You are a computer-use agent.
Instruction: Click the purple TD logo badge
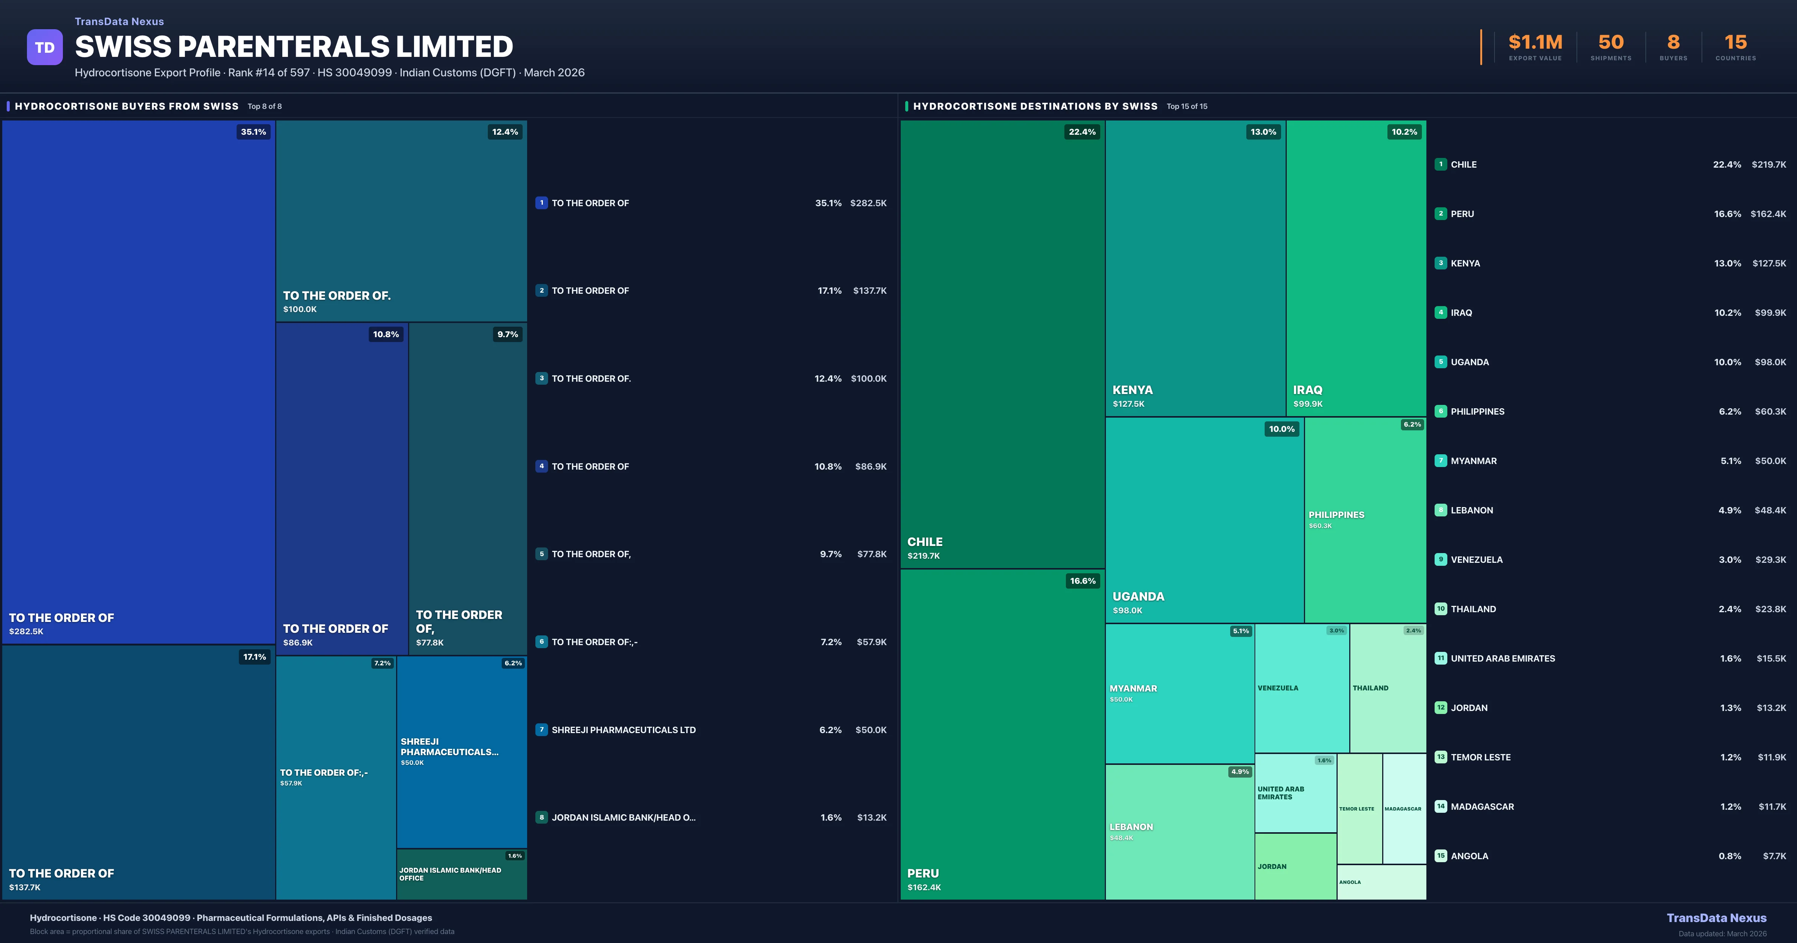pos(45,48)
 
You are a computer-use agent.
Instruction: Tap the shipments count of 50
pos(1611,43)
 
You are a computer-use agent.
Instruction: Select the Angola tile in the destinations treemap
pos(1381,882)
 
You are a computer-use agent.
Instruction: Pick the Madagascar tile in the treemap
pos(1404,808)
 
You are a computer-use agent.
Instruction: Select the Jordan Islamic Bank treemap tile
pos(461,874)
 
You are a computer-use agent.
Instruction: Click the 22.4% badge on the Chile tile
pos(1082,132)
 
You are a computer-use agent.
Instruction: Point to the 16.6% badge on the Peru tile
pos(1083,581)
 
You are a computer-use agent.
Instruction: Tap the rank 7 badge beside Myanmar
pos(1441,460)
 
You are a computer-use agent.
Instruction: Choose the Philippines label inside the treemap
pos(1336,515)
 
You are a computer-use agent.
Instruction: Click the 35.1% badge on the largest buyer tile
pos(253,132)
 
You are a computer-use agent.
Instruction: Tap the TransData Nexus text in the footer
pos(1716,918)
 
